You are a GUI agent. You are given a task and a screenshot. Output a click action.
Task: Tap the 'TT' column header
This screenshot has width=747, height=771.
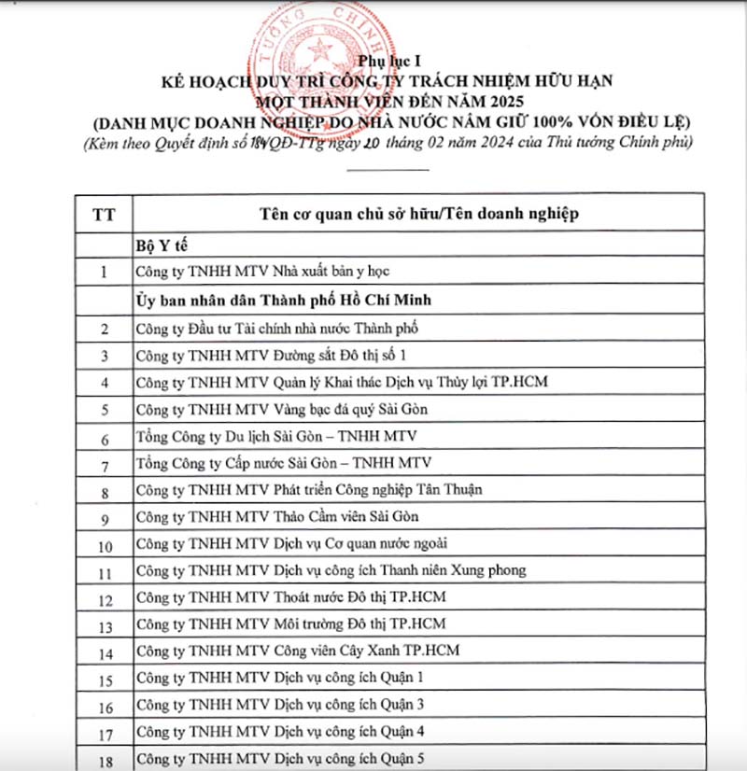click(x=104, y=214)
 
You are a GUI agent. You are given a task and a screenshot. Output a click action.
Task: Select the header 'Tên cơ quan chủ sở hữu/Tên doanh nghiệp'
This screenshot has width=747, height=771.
click(x=418, y=214)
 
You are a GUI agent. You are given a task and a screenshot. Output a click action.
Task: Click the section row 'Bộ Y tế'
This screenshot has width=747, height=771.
click(x=159, y=245)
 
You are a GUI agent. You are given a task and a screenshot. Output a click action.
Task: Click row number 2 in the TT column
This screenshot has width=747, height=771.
click(x=104, y=329)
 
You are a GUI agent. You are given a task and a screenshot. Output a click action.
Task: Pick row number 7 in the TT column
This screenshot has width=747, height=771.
click(x=104, y=464)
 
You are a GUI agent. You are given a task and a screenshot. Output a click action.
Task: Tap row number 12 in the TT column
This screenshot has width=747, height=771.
click(x=104, y=599)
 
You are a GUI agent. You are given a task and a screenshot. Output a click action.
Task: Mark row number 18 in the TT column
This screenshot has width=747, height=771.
click(x=104, y=761)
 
